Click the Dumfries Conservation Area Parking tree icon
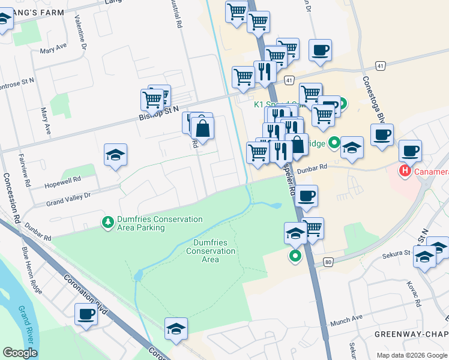[108, 223]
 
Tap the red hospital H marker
[406, 171]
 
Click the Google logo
[20, 353]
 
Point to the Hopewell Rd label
[63, 181]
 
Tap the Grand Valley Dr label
[68, 200]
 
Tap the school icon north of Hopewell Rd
[115, 155]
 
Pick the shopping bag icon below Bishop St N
[203, 128]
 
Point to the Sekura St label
[397, 255]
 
